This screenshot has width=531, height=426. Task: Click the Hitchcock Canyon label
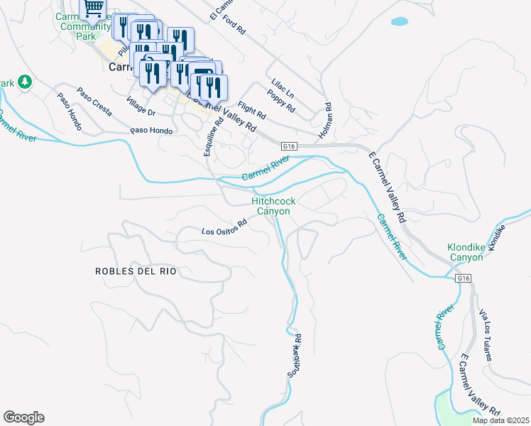pyautogui.click(x=273, y=207)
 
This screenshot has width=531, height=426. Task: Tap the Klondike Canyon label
pyautogui.click(x=465, y=252)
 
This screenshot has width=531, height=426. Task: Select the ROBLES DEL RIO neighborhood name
pyautogui.click(x=135, y=271)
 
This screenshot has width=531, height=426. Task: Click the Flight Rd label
pyautogui.click(x=252, y=110)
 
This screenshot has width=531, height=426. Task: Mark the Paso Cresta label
pyautogui.click(x=94, y=101)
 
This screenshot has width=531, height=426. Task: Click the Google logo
pyautogui.click(x=23, y=417)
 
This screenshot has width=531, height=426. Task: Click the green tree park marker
pyautogui.click(x=25, y=82)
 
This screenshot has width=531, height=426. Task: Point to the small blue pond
pyautogui.click(x=399, y=22)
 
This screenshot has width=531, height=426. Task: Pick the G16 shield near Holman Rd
pyautogui.click(x=288, y=145)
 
